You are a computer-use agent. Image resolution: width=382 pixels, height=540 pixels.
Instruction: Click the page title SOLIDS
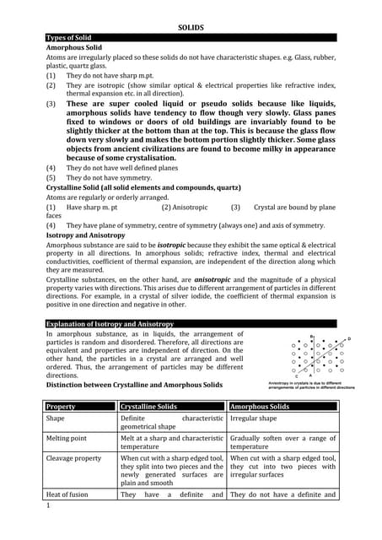[x=191, y=27]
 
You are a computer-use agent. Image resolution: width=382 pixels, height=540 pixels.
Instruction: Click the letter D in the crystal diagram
[x=349, y=338]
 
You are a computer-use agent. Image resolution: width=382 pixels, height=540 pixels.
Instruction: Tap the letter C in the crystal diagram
[x=297, y=376]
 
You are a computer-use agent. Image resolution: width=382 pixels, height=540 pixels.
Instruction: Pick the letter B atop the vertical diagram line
[x=313, y=337]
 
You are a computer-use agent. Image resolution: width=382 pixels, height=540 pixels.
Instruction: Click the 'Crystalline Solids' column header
[x=148, y=407]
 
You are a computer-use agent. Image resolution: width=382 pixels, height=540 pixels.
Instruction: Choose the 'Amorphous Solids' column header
[x=260, y=407]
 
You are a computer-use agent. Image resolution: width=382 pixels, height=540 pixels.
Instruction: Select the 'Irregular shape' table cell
[x=255, y=418]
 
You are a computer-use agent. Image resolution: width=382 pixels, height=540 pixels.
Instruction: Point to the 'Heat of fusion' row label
[x=69, y=495]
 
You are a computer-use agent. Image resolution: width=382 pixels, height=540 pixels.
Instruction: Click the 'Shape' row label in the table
[x=56, y=418]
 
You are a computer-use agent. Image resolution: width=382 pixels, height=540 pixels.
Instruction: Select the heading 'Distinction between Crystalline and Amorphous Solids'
[x=133, y=385]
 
